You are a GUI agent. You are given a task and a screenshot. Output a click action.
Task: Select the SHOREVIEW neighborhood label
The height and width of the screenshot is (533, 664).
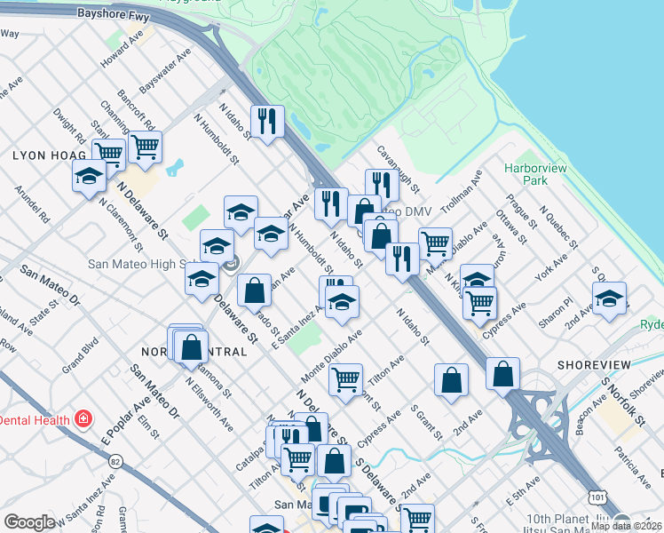pos(594,365)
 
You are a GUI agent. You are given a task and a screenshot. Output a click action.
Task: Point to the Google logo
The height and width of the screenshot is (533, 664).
pos(29,522)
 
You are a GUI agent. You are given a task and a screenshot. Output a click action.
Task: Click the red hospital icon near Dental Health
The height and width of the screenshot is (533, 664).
pos(83,418)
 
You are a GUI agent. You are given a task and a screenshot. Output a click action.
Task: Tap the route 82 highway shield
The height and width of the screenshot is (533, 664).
pos(115,462)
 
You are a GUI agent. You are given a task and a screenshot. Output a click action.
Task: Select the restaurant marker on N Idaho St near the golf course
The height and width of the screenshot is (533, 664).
pos(266,120)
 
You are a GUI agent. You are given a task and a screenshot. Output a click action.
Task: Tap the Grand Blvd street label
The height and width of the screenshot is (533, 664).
pos(79,355)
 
